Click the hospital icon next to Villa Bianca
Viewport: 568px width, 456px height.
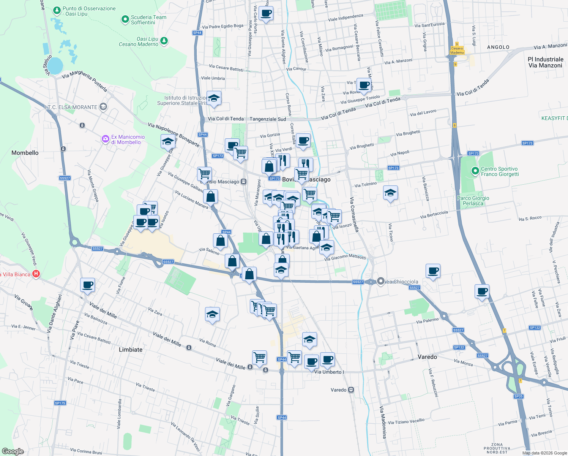click(36, 274)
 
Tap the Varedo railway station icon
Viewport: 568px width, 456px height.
click(351, 390)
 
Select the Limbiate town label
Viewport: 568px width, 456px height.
click(131, 350)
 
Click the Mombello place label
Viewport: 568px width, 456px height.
click(25, 153)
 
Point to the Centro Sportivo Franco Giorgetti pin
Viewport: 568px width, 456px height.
click(475, 171)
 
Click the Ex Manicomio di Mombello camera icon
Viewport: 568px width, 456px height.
click(105, 139)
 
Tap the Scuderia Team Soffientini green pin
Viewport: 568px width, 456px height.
click(125, 19)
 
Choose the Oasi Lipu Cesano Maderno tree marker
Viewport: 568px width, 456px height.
click(164, 41)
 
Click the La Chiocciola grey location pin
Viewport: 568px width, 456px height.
click(381, 281)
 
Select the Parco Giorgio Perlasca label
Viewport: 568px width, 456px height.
click(473, 201)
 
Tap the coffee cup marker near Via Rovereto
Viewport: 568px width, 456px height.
click(364, 85)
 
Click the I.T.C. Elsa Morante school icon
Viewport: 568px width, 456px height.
click(103, 107)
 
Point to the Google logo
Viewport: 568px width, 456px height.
click(13, 451)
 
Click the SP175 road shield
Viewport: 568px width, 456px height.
click(60, 403)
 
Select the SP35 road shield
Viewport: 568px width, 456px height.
click(518, 396)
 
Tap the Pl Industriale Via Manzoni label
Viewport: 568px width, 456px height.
click(546, 62)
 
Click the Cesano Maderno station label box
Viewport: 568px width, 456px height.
click(457, 50)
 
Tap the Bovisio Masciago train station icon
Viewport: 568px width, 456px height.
click(244, 182)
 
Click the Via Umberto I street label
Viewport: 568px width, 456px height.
click(329, 372)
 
